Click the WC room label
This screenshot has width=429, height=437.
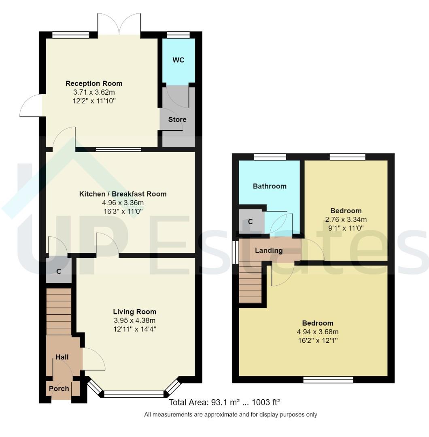point(178,60)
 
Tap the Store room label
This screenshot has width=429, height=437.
point(177,119)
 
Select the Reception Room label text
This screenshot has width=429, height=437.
point(94,84)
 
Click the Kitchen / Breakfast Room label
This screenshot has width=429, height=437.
point(123,194)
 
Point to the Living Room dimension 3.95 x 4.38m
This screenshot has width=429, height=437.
point(134,320)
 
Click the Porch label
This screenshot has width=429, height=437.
point(59,389)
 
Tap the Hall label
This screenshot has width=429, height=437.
point(62,357)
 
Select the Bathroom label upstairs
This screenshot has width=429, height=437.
point(270,186)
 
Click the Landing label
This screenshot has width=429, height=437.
point(269,250)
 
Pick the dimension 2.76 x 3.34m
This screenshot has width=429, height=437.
point(346,220)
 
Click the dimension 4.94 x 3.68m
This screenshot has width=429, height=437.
point(318,332)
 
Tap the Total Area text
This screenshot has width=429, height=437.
point(225,403)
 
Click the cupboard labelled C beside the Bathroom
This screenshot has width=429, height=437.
point(251,222)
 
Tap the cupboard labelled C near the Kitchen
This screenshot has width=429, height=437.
point(59,272)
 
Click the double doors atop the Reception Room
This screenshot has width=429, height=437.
point(119,25)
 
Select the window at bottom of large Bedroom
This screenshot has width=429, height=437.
point(328,380)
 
